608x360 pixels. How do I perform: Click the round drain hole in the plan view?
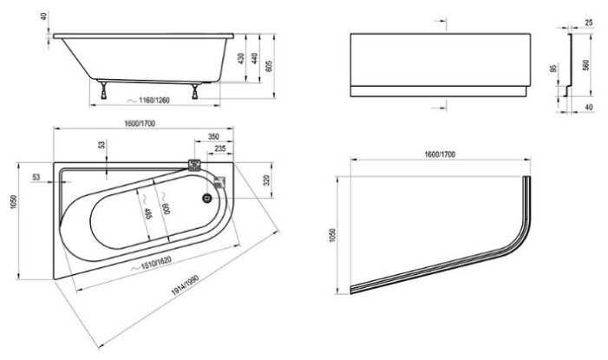point(206,198)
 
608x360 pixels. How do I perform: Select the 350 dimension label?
point(212,137)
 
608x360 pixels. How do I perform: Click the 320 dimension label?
point(267,180)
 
